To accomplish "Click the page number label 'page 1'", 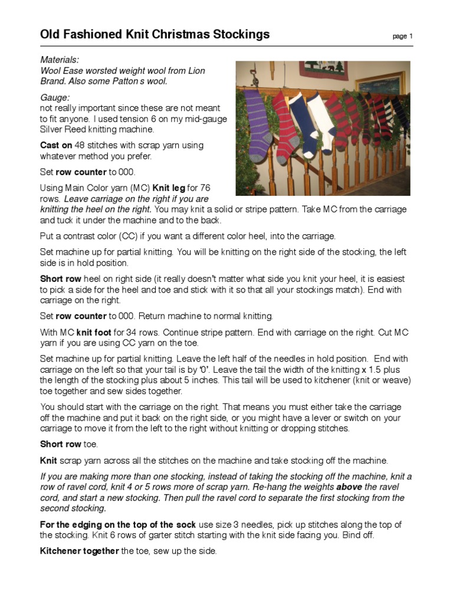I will coord(403,37).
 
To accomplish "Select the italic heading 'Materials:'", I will coord(59,60).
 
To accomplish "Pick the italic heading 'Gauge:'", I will coord(55,97).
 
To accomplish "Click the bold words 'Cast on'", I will coord(56,145).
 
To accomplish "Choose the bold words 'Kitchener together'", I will coord(79,551).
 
